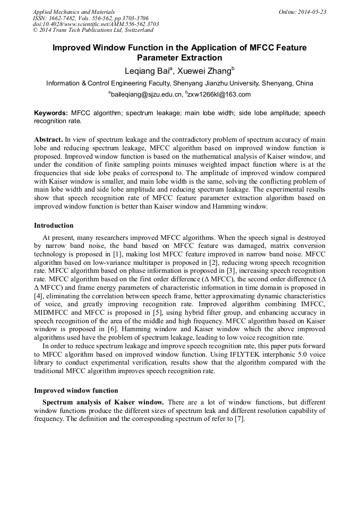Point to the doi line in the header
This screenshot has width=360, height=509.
[x=96, y=24]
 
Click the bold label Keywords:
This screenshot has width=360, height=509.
[x=51, y=113]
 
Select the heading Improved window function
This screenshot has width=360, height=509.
[x=76, y=390]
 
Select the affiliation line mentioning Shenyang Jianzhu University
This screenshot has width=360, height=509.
[x=179, y=83]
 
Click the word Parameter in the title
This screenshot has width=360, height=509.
[x=159, y=58]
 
